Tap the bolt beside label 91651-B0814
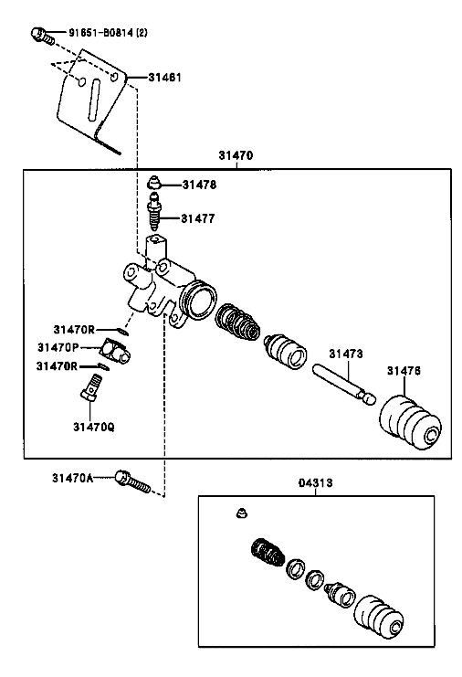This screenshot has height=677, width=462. tap(43, 36)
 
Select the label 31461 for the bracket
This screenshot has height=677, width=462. tap(164, 78)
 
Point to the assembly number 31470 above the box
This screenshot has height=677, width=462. tap(236, 155)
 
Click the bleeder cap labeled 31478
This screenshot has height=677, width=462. tap(153, 183)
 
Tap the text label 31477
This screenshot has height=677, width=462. tap(197, 218)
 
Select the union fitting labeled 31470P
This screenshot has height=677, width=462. tap(115, 352)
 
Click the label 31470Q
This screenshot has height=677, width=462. tap(94, 427)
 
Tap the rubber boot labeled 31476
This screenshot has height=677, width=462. tap(410, 422)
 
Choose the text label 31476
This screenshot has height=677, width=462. tap(404, 371)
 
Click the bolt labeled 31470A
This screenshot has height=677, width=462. tap(132, 482)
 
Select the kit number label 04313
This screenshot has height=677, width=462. tap(315, 482)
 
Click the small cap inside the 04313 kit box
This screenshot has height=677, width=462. tap(242, 513)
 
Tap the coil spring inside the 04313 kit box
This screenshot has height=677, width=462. tap(268, 553)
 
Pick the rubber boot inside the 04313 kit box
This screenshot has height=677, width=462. tap(379, 618)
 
